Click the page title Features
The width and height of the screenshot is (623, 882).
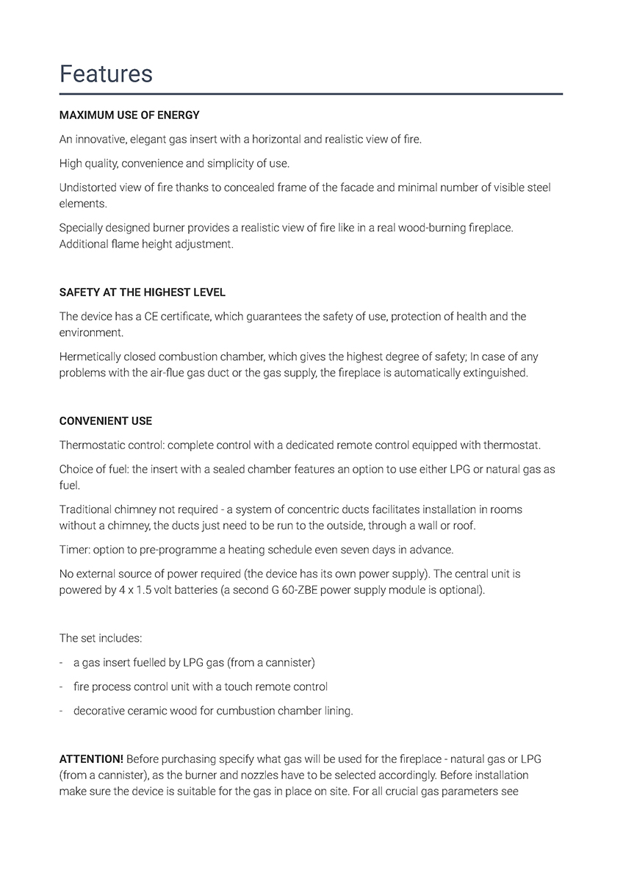(106, 73)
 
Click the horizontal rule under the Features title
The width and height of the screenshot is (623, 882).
(311, 94)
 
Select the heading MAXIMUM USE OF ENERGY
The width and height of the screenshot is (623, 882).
(129, 115)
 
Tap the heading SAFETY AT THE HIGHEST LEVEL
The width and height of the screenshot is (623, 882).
(142, 293)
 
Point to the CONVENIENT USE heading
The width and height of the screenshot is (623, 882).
(106, 421)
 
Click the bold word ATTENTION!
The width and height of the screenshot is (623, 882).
(91, 759)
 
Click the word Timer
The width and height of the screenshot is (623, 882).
(74, 550)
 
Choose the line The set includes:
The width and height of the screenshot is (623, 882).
(101, 638)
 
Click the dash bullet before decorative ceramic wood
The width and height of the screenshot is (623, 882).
(61, 711)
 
